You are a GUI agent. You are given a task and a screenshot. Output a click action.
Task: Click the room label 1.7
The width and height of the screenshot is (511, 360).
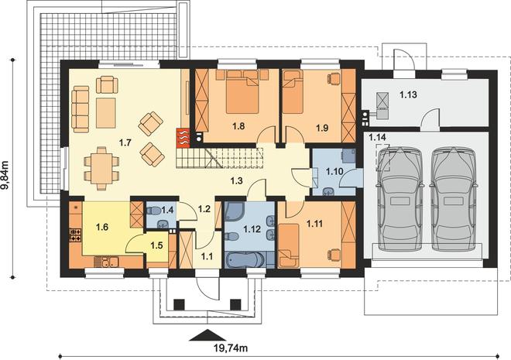tap(125, 142)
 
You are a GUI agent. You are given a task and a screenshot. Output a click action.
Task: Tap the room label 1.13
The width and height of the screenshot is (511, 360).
tap(408, 94)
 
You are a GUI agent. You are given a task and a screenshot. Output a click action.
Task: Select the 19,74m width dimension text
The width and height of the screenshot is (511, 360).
tap(231, 348)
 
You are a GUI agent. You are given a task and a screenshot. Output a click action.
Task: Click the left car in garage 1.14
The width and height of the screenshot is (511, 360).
tap(400, 199)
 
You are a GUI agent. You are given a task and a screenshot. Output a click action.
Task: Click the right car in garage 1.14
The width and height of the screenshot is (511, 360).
tap(454, 199)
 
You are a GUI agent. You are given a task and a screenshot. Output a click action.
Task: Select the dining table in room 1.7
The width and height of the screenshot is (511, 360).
tap(101, 168)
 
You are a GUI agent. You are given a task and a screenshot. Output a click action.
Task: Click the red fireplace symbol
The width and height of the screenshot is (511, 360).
tap(183, 138)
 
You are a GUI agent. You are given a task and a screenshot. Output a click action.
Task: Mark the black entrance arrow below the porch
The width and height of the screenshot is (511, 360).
tap(207, 335)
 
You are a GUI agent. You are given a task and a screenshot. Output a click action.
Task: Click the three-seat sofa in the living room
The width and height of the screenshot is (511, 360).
tap(81, 109)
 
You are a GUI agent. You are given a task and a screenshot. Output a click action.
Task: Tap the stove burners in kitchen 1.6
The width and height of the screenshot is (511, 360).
tap(76, 235)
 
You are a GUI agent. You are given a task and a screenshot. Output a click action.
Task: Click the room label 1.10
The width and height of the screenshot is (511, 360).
tap(334, 171)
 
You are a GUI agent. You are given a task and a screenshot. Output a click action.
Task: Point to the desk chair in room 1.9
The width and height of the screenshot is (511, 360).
tap(334, 78)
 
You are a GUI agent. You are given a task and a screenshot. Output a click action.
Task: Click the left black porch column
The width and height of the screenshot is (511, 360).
tap(179, 304)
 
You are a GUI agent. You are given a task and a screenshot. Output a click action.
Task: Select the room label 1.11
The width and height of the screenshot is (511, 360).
tap(314, 224)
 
